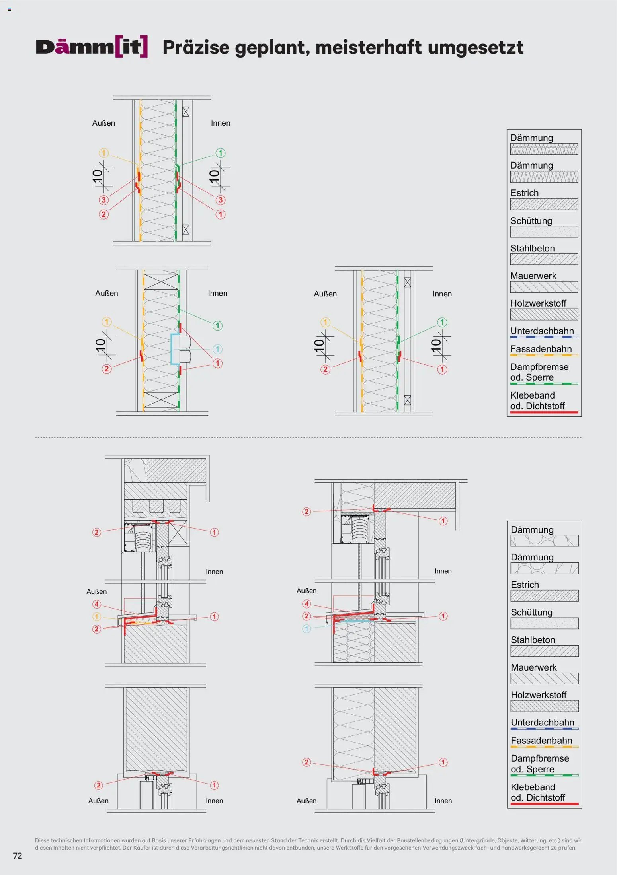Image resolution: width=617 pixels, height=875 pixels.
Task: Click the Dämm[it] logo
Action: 92,47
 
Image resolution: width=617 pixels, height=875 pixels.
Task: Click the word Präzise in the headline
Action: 196,48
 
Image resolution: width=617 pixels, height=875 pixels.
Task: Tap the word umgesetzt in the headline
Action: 476,48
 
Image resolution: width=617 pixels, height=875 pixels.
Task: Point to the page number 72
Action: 18,856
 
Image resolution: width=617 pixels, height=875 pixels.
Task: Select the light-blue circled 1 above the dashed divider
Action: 217,349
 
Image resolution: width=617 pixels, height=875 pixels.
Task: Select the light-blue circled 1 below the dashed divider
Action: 307,629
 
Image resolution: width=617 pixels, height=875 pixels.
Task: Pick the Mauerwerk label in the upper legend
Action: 533,276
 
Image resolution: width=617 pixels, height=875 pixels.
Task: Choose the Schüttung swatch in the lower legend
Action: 545,623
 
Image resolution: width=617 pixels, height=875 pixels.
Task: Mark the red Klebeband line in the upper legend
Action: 544,412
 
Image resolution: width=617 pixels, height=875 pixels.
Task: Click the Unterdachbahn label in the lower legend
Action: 543,722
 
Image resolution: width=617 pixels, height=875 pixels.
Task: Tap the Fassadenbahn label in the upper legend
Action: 541,349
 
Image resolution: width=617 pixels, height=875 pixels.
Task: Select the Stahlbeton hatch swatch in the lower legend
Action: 545,651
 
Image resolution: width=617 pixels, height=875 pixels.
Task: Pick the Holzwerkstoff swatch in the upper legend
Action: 544,315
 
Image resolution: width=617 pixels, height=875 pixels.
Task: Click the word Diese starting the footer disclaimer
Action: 42,840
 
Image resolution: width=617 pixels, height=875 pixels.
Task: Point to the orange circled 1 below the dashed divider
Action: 97,616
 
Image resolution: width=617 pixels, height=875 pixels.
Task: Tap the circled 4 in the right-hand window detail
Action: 307,604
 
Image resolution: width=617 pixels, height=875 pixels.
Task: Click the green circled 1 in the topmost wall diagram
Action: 221,153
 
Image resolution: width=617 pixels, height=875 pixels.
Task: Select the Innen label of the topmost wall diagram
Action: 221,123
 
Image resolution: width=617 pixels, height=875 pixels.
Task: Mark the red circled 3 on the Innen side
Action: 221,200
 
